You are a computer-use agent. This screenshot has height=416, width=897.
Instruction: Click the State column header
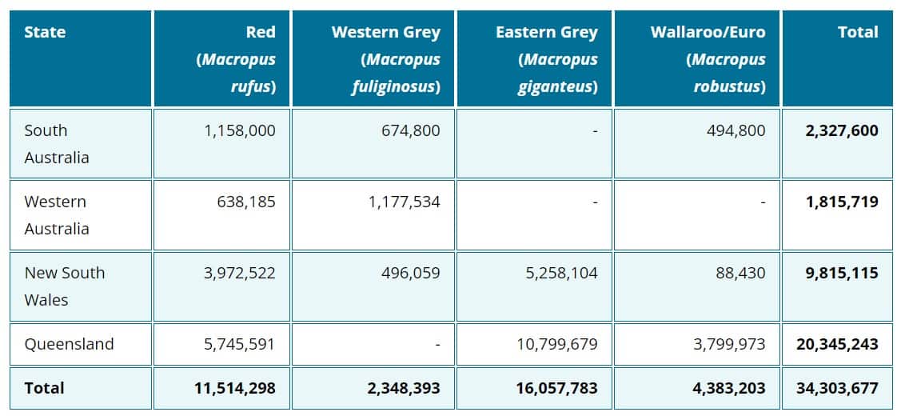tap(45, 33)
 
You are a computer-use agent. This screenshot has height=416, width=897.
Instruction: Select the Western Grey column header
tap(385, 33)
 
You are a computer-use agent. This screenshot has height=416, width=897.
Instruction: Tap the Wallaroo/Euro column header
tap(708, 33)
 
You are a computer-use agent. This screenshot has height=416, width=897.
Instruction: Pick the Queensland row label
tap(69, 344)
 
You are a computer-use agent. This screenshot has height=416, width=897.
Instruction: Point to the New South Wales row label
tap(64, 286)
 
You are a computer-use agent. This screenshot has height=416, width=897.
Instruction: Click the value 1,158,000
tap(240, 130)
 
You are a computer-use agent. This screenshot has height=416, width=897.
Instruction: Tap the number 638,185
tap(245, 202)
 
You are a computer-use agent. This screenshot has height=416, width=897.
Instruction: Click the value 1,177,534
tap(404, 202)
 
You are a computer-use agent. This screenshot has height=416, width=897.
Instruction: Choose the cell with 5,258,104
tap(561, 273)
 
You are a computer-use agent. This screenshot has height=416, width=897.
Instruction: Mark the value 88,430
tap(740, 273)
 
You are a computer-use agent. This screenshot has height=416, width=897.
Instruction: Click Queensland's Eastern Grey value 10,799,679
tap(557, 344)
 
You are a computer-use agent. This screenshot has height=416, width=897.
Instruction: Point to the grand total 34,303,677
tap(837, 388)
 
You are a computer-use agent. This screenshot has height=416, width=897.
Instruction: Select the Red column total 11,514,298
tap(234, 388)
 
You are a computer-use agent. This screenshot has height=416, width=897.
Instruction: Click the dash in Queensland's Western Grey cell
tap(437, 345)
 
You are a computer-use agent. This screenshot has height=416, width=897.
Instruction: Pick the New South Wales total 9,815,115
tap(842, 273)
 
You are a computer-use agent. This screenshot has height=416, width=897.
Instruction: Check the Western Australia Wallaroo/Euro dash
tap(763, 202)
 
